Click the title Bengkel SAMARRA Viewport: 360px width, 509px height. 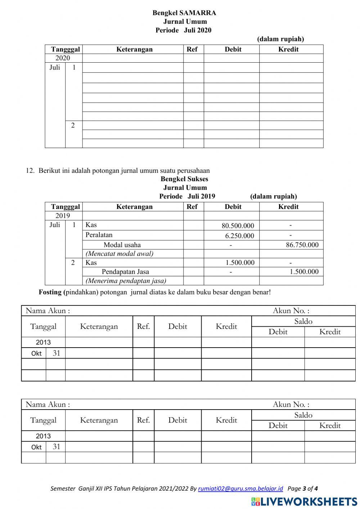pyautogui.click(x=184, y=13)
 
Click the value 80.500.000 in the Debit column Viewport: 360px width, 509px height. pyautogui.click(x=238, y=226)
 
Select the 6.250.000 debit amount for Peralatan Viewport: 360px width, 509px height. pyautogui.click(x=239, y=236)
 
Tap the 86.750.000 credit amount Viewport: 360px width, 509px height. pyautogui.click(x=302, y=245)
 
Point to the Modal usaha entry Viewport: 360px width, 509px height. pyautogui.click(x=122, y=245)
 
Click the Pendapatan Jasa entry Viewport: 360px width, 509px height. pyautogui.click(x=125, y=272)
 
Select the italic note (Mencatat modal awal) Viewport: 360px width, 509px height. pyautogui.click(x=119, y=254)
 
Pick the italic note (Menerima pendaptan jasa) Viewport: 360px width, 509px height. pyautogui.click(x=126, y=281)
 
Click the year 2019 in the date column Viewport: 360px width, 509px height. pyautogui.click(x=63, y=216)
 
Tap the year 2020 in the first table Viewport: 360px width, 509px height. pyautogui.click(x=63, y=58)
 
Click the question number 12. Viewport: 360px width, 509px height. pyautogui.click(x=30, y=171)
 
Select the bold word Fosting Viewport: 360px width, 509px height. pyautogui.click(x=50, y=292)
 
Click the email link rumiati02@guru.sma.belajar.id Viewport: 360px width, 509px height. pyautogui.click(x=240, y=489)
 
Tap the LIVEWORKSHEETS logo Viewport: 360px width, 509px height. pyautogui.click(x=304, y=501)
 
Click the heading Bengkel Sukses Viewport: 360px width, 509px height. pyautogui.click(x=184, y=179)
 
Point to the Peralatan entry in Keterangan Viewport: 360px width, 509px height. pyautogui.click(x=99, y=235)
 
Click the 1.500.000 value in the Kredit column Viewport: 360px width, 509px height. pyautogui.click(x=304, y=272)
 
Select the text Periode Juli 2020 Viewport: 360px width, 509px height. pyautogui.click(x=183, y=30)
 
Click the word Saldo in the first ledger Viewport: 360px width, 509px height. pyautogui.click(x=303, y=321)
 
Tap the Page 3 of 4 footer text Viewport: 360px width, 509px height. pyautogui.click(x=303, y=489)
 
